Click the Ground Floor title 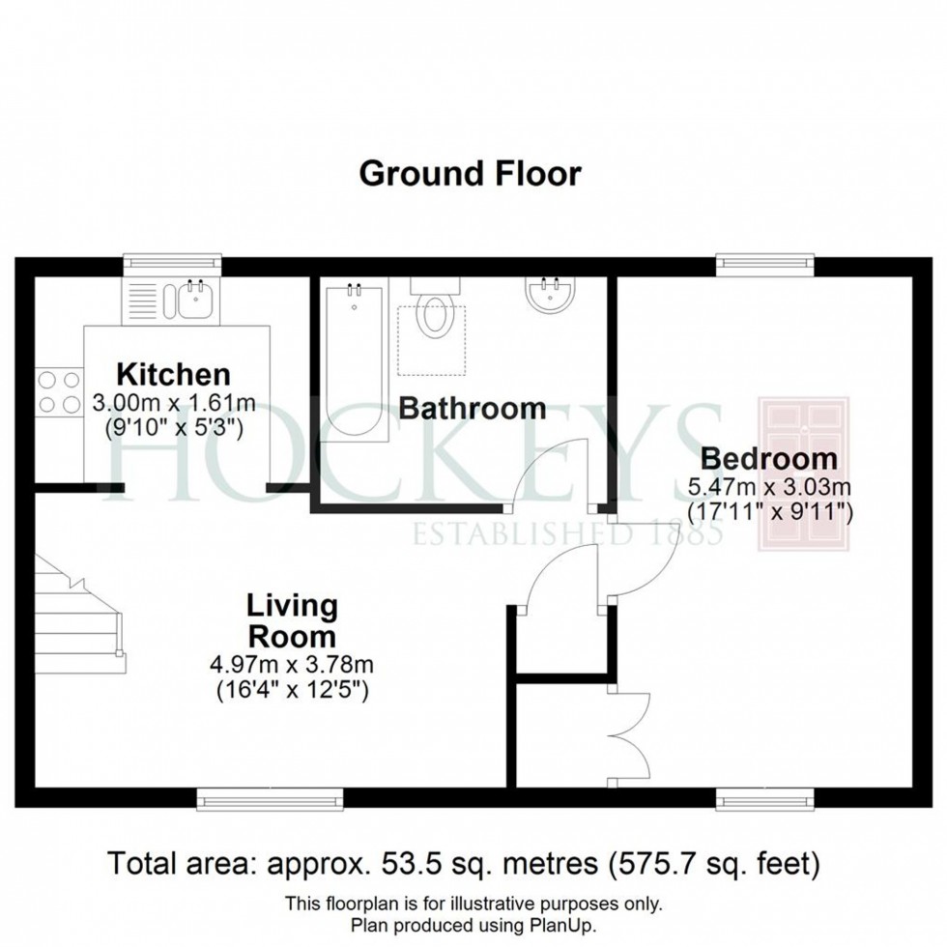470,174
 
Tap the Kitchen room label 173,374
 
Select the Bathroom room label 472,408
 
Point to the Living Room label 292,621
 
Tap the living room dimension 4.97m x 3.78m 292,665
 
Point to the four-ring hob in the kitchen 58,392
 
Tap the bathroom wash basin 551,294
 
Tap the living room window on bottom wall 270,797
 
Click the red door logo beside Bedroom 802,473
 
